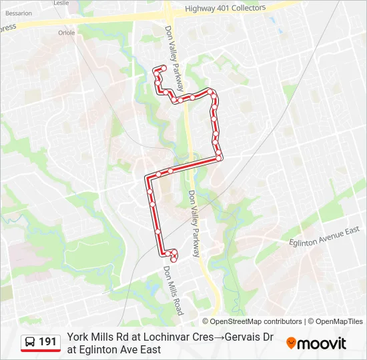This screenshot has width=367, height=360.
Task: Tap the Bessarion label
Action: click(x=18, y=13)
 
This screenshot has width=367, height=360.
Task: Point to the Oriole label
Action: click(x=66, y=31)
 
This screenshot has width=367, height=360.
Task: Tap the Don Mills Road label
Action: click(x=172, y=291)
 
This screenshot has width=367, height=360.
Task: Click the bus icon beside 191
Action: click(x=31, y=342)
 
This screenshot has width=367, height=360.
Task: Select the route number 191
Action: click(x=47, y=342)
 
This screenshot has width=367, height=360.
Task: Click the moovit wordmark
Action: click(x=322, y=343)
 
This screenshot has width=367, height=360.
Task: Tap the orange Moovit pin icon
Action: click(x=291, y=343)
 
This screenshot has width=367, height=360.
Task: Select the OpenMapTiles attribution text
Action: click(x=339, y=321)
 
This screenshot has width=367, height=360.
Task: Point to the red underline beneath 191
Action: click(x=40, y=351)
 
